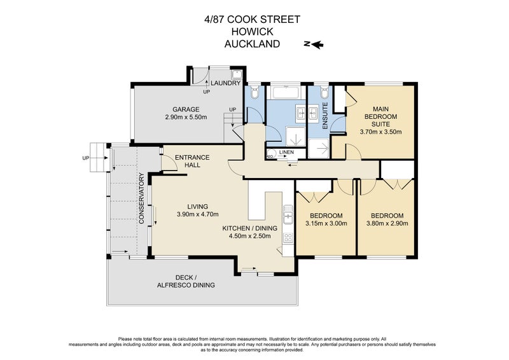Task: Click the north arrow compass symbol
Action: point(314,44)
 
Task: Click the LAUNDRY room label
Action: point(225,83)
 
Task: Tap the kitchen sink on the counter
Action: point(288,218)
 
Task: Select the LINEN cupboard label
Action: point(286,153)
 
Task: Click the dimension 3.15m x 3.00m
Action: point(326,223)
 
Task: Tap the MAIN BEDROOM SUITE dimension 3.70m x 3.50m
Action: point(380,132)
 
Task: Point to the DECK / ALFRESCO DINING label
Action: point(186,280)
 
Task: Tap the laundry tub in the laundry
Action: point(199,74)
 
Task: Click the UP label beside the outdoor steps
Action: point(85,158)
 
